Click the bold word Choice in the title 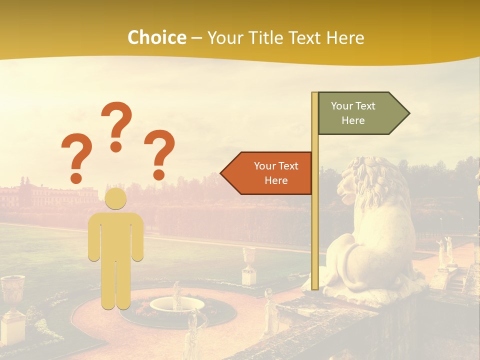pos(156,37)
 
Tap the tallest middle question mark pos(116,126)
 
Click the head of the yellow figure pos(116,199)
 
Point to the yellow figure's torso pos(116,235)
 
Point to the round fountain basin pos(177,304)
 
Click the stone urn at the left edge pos(12,295)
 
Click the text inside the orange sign pos(276,173)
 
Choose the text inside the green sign pos(353,113)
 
